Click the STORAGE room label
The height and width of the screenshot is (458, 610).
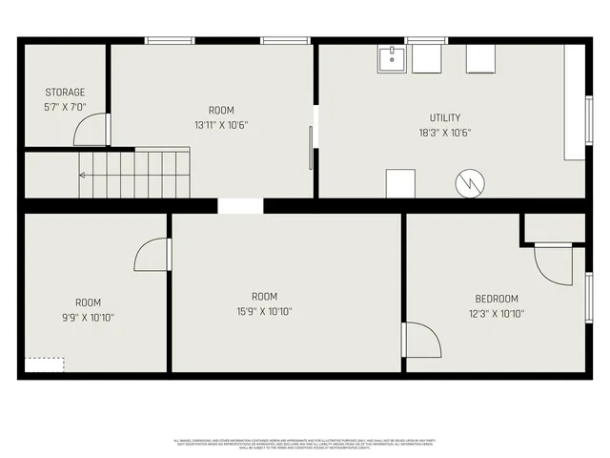pos(65,93)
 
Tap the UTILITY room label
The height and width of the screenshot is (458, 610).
pos(445,117)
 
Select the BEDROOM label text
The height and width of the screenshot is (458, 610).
pos(497,299)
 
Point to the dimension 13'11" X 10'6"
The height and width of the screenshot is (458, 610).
pos(221,125)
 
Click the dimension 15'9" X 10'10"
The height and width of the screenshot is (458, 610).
pos(264,311)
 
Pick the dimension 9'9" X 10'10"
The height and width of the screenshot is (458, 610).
pos(88,317)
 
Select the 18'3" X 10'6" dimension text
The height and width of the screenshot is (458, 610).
pos(445,133)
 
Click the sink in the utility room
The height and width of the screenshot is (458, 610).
pos(391,59)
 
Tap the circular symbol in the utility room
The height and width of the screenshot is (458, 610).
pos(468,183)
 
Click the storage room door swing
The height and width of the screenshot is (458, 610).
pos(93,130)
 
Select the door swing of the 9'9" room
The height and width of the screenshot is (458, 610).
pos(152,255)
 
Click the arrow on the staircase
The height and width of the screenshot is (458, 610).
pos(84,176)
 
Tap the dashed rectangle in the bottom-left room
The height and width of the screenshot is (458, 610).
pos(45,364)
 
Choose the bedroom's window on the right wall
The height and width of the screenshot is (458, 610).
pos(589,297)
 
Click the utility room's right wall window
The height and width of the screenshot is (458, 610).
pos(589,120)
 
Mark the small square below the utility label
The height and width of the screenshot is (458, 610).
pos(400,182)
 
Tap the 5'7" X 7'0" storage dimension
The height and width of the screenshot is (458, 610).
pos(65,108)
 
